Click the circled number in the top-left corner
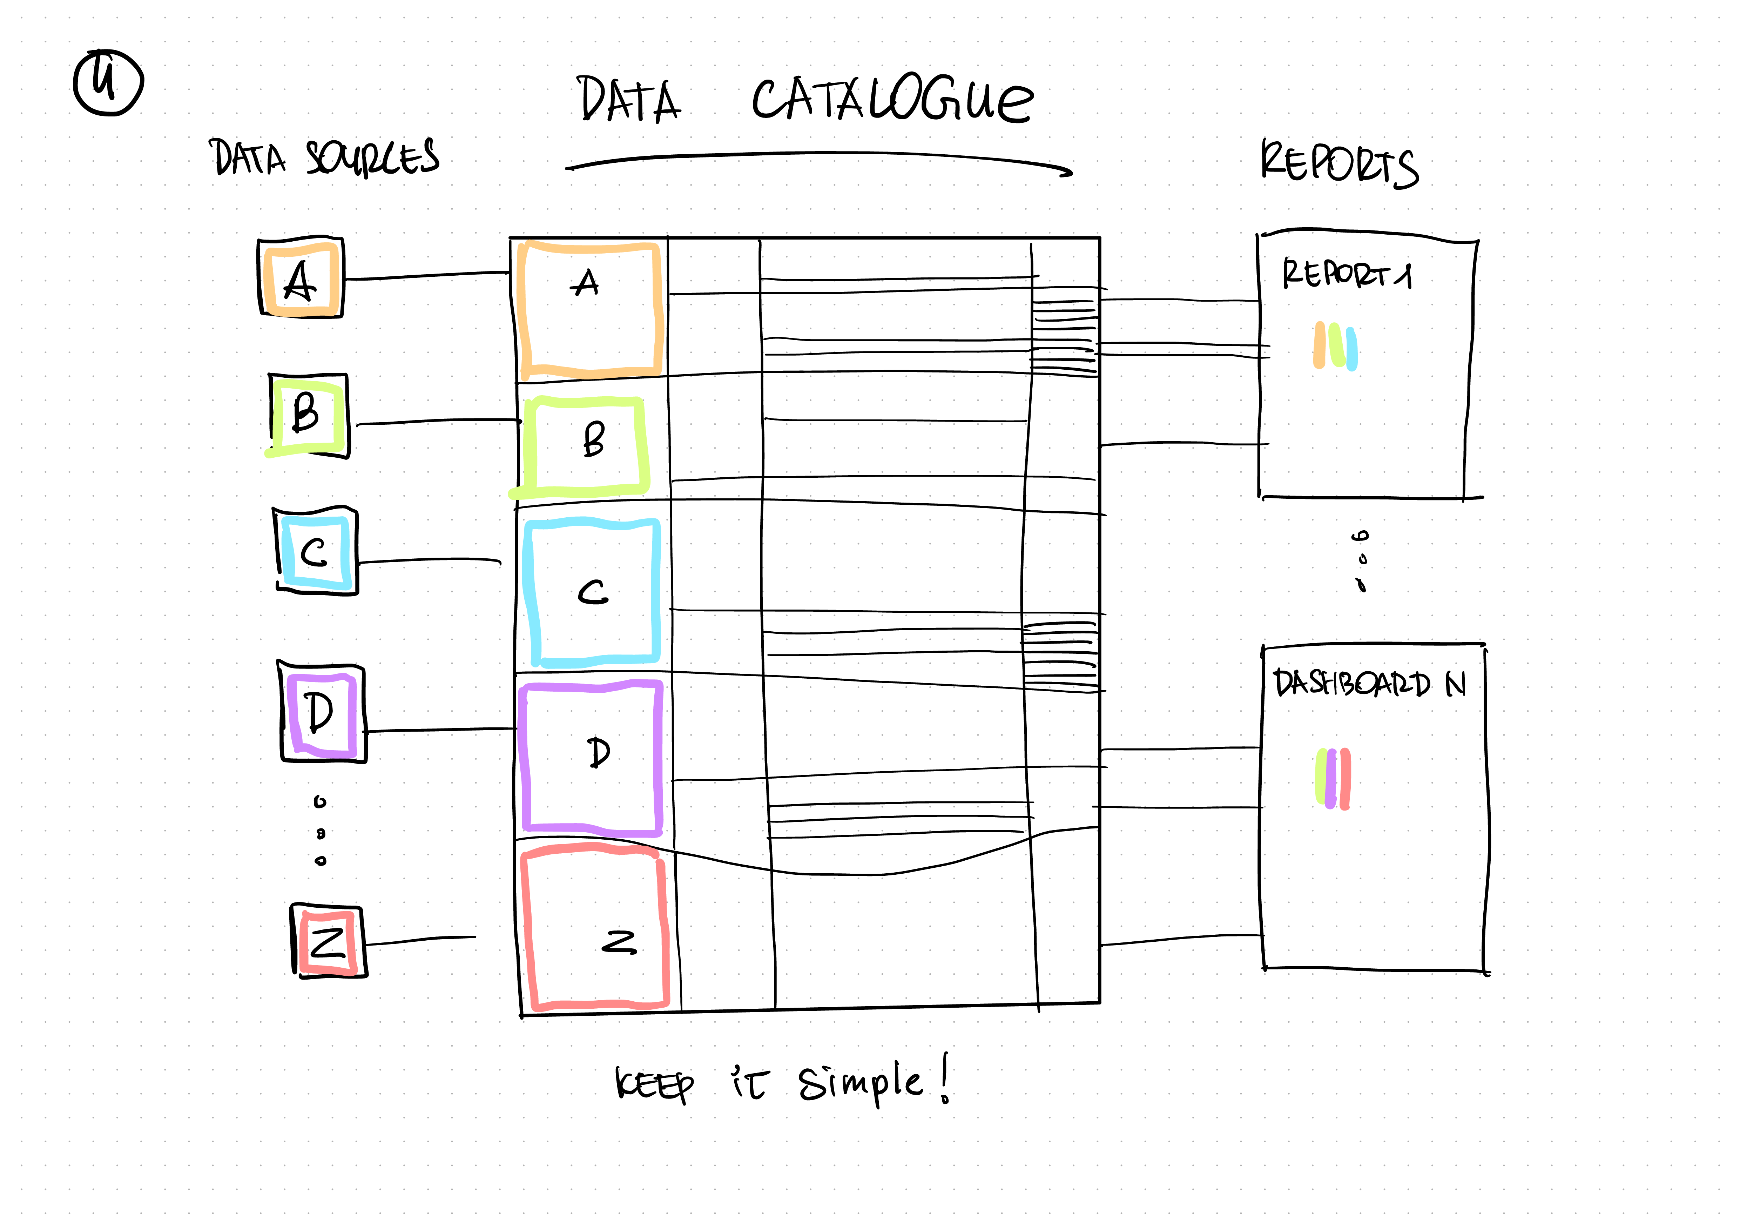pyautogui.click(x=108, y=83)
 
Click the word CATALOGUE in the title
pyautogui.click(x=892, y=100)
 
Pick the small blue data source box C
pyautogui.click(x=315, y=551)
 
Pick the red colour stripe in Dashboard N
pyautogui.click(x=1345, y=779)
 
